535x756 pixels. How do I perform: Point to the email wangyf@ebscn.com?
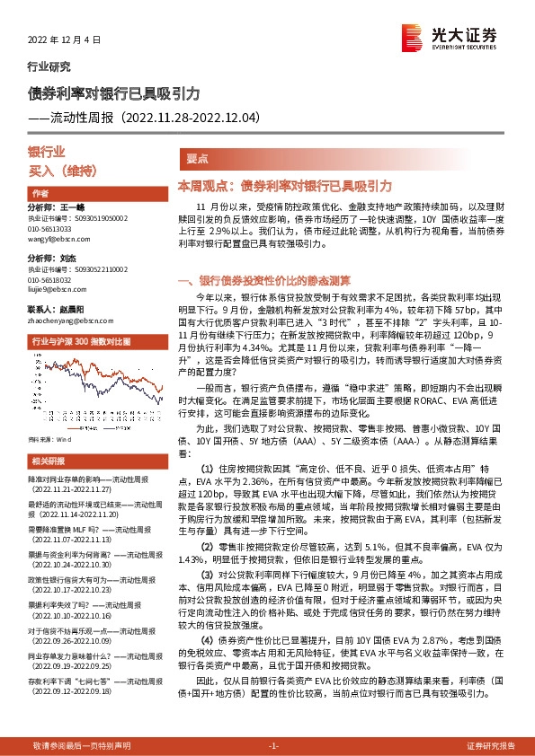(54, 239)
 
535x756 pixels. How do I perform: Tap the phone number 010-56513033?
(49, 229)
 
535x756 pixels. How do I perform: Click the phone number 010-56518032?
(49, 280)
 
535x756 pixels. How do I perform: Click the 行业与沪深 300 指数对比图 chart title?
(81, 342)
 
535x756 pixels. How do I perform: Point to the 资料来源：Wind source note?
(49, 441)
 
